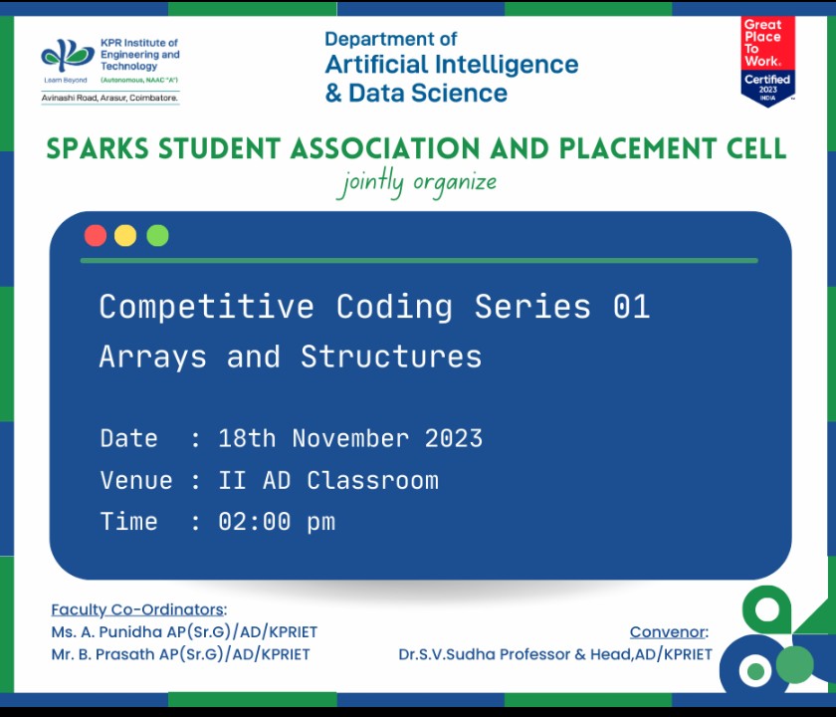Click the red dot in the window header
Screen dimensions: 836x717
(96, 235)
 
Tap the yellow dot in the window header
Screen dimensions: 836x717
(125, 235)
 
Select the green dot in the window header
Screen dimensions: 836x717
(158, 235)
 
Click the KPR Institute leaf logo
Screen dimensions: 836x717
(68, 56)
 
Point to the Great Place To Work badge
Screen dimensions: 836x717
(767, 62)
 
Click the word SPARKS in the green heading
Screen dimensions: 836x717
(98, 148)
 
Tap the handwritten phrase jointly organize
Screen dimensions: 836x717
(418, 183)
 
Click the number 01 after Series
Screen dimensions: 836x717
(631, 307)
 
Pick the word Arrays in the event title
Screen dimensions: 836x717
(152, 358)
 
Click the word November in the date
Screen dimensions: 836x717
(350, 438)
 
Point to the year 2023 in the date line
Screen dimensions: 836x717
(454, 438)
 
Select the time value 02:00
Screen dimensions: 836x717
(255, 521)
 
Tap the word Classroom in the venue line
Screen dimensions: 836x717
(372, 480)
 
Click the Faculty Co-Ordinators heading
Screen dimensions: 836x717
(138, 609)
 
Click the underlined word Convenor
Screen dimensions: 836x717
(668, 631)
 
